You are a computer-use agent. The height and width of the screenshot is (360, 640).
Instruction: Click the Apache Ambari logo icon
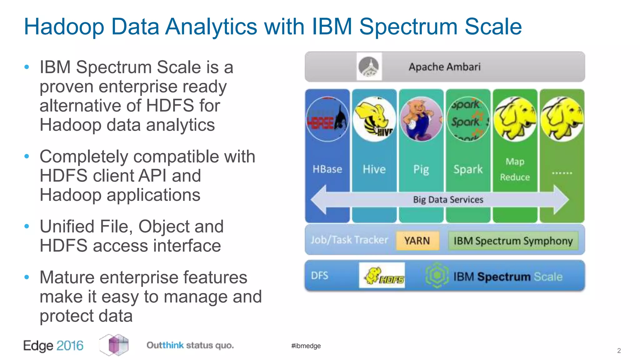tap(369, 67)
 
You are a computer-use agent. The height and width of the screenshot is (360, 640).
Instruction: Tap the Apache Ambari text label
tap(444, 67)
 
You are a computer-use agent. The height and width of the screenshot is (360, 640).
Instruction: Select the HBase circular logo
tap(327, 119)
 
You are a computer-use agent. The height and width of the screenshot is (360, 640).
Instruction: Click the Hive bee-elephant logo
tap(374, 119)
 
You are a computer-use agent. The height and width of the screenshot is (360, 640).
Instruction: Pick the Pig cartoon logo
tap(421, 119)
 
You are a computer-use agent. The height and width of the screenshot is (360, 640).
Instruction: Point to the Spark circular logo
tap(468, 119)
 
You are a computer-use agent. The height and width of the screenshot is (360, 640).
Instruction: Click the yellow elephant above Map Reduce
tap(515, 119)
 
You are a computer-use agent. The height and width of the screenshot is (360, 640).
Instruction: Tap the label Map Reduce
tap(515, 169)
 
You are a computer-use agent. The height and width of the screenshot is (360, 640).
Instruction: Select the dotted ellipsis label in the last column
tap(562, 172)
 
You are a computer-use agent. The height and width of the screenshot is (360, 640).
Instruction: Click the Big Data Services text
tap(448, 200)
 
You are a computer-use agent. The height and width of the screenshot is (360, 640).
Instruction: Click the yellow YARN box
tap(417, 241)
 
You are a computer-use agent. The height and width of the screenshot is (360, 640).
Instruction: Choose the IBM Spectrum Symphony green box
tap(513, 241)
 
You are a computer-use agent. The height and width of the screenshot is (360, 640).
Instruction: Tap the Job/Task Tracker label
tap(349, 240)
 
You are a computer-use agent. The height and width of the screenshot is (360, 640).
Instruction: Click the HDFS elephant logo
tap(382, 275)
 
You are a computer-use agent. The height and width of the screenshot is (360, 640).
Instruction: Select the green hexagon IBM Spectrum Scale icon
tap(437, 275)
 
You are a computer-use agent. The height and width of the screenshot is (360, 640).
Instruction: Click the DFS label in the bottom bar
tap(319, 276)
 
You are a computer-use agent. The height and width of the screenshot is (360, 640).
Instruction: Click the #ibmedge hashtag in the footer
tap(306, 346)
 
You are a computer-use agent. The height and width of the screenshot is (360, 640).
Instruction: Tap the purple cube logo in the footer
tap(114, 345)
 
